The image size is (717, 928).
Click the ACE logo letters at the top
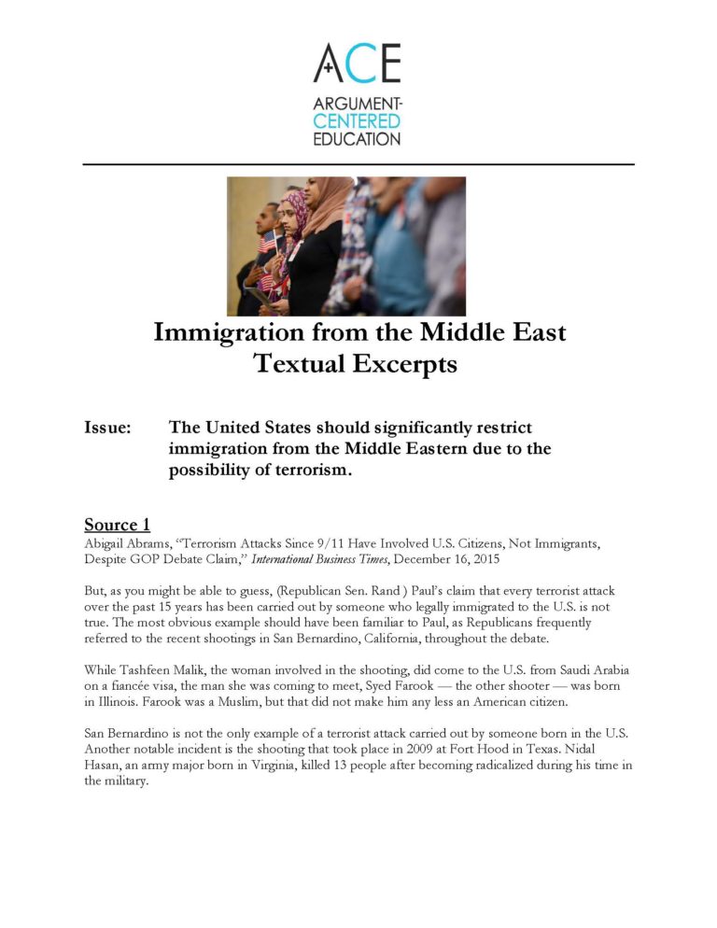coord(358,63)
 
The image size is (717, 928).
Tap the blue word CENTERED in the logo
coord(358,122)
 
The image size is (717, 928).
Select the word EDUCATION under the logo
coord(358,138)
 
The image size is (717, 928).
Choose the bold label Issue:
coord(107,428)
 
